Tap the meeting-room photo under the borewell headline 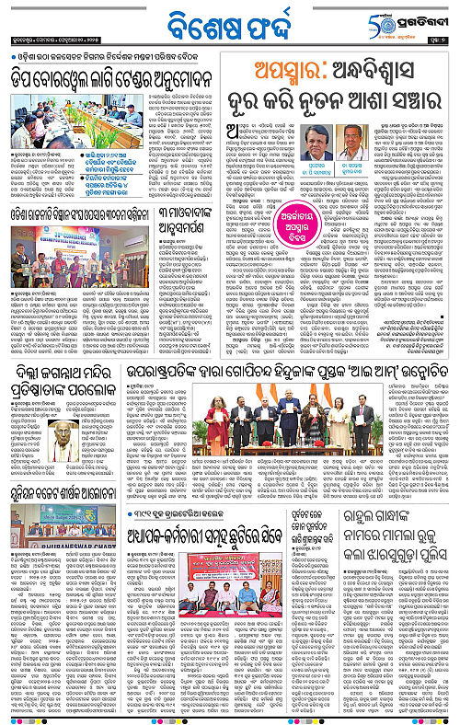pyautogui.click(x=75, y=116)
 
